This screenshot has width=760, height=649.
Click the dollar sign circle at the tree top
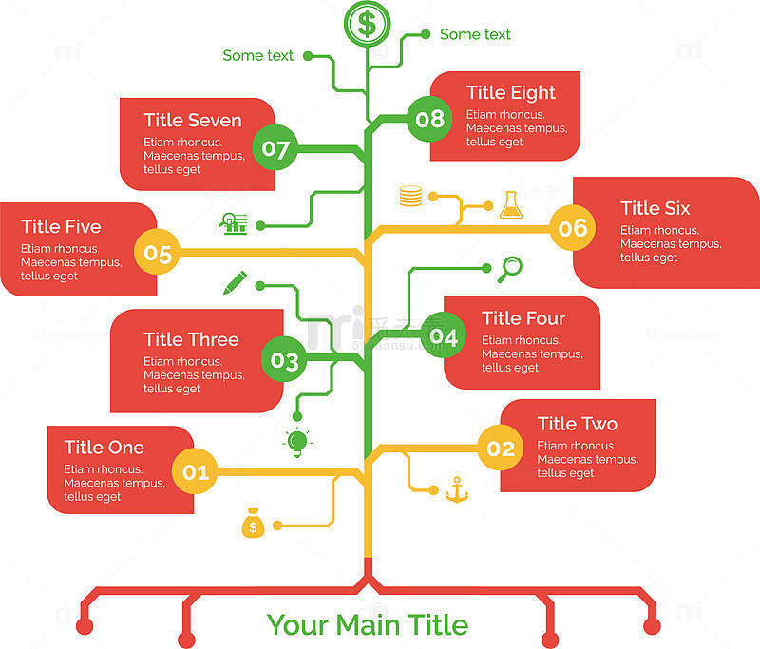tap(367, 24)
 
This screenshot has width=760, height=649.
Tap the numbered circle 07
tap(275, 148)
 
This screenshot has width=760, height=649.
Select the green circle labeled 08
tap(429, 119)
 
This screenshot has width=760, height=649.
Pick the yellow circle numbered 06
tap(573, 228)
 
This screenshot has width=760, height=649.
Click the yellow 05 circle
tap(157, 252)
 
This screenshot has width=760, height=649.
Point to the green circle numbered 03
tap(284, 359)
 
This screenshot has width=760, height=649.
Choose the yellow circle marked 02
tap(501, 449)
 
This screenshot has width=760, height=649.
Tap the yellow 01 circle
tap(196, 471)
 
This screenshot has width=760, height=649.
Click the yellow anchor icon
tap(457, 489)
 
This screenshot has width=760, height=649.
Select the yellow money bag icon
tap(253, 524)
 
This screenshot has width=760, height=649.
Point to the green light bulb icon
tap(297, 442)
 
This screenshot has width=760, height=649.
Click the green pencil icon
tap(235, 282)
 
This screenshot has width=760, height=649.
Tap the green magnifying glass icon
tap(510, 270)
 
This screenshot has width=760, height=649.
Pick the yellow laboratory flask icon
tap(511, 204)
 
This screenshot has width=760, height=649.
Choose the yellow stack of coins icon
tap(410, 196)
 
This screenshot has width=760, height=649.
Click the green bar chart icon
tap(234, 223)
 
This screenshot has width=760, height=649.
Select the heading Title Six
tap(655, 208)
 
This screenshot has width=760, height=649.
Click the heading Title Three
tap(191, 339)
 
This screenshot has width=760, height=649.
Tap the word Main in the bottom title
tap(368, 624)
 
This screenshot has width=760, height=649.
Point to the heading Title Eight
tap(510, 93)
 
